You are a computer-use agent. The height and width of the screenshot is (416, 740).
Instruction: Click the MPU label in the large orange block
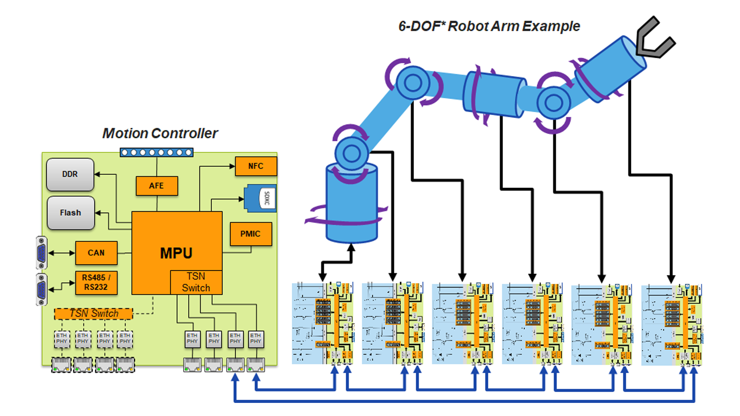[x=176, y=253]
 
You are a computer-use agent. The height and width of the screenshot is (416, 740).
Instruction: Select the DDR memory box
[x=70, y=174]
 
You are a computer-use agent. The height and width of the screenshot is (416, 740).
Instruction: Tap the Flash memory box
[x=71, y=213]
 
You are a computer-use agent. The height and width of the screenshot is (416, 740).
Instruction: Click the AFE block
[x=156, y=186]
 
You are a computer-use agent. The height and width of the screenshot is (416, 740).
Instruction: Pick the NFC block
[x=256, y=166]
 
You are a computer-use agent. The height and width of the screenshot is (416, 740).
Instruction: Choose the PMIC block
[x=251, y=234]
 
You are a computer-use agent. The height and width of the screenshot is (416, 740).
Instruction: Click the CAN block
[x=96, y=253]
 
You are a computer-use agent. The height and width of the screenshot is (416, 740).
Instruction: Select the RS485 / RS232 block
[x=96, y=282]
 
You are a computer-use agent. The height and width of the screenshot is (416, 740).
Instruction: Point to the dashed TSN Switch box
[x=94, y=314]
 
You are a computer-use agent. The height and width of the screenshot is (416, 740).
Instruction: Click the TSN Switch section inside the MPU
[x=196, y=282]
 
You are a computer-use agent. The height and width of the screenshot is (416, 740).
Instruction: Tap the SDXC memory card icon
[x=261, y=198]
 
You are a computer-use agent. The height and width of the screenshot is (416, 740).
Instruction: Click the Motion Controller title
[x=160, y=133]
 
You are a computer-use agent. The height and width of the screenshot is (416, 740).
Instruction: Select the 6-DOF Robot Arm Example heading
[x=489, y=26]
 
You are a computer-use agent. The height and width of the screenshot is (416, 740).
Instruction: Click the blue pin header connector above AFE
[x=156, y=153]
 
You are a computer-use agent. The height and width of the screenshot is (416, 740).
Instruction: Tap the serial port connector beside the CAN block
[x=42, y=253]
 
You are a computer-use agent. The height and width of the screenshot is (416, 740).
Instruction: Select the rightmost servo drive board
[x=671, y=324]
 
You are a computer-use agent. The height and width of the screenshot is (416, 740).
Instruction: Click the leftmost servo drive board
[x=323, y=323]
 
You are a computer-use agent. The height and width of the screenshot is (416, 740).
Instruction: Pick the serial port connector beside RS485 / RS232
[x=42, y=289]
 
